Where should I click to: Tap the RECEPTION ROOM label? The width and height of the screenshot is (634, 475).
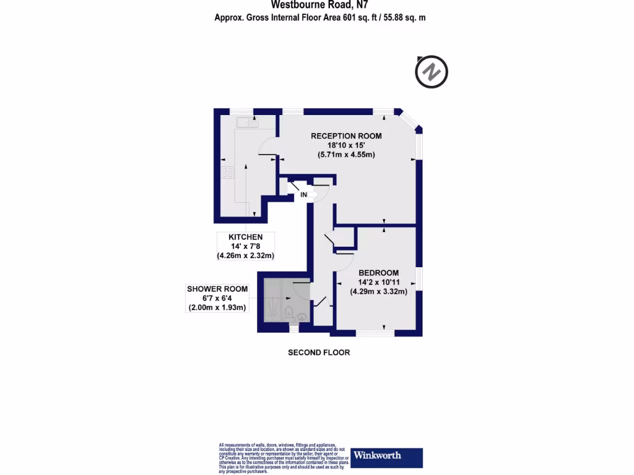click(x=346, y=136)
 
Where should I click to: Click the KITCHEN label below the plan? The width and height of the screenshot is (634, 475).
click(x=246, y=237)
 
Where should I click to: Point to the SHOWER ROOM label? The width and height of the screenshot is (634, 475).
click(x=217, y=289)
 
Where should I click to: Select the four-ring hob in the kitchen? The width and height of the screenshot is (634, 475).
click(x=228, y=173)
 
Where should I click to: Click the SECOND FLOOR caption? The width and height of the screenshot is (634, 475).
click(x=319, y=353)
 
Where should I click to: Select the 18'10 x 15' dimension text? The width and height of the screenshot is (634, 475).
click(x=346, y=145)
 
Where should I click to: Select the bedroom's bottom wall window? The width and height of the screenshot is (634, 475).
click(x=375, y=333)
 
